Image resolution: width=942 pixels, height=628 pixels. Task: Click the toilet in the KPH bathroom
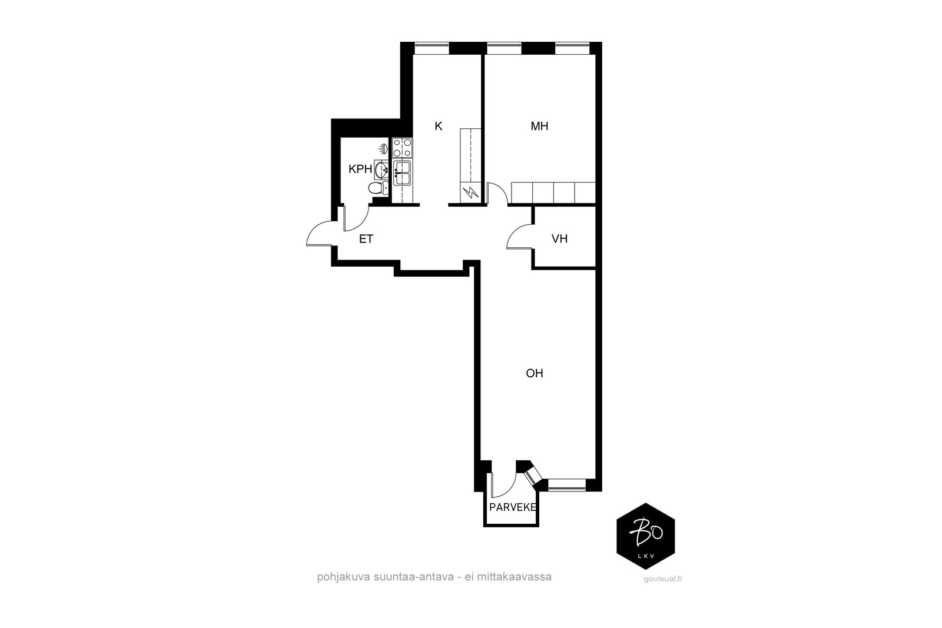click(x=379, y=188)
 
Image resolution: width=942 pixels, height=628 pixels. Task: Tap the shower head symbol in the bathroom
click(x=383, y=148)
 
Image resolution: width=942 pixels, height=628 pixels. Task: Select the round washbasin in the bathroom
click(x=382, y=170)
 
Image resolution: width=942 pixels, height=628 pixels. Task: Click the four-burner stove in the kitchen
click(x=402, y=148)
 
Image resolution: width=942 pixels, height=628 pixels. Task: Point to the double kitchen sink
click(x=403, y=173)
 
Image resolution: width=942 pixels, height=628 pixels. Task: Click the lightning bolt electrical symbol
click(x=470, y=194)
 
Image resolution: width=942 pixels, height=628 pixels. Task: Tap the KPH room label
click(x=360, y=169)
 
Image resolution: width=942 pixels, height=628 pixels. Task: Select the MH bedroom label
click(x=539, y=126)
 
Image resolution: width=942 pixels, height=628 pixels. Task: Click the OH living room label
click(x=535, y=373)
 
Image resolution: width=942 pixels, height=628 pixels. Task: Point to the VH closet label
click(x=559, y=239)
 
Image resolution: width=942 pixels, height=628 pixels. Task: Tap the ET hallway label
click(x=366, y=239)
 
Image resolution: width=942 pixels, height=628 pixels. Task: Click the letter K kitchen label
click(x=439, y=126)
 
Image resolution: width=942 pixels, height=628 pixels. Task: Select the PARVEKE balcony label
click(x=513, y=507)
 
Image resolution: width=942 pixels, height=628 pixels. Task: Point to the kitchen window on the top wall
click(x=432, y=48)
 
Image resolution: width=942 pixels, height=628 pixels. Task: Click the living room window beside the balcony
click(x=567, y=484)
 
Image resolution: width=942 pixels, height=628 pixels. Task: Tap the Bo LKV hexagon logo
click(x=645, y=536)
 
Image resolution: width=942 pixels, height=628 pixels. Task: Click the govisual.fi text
click(x=663, y=579)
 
